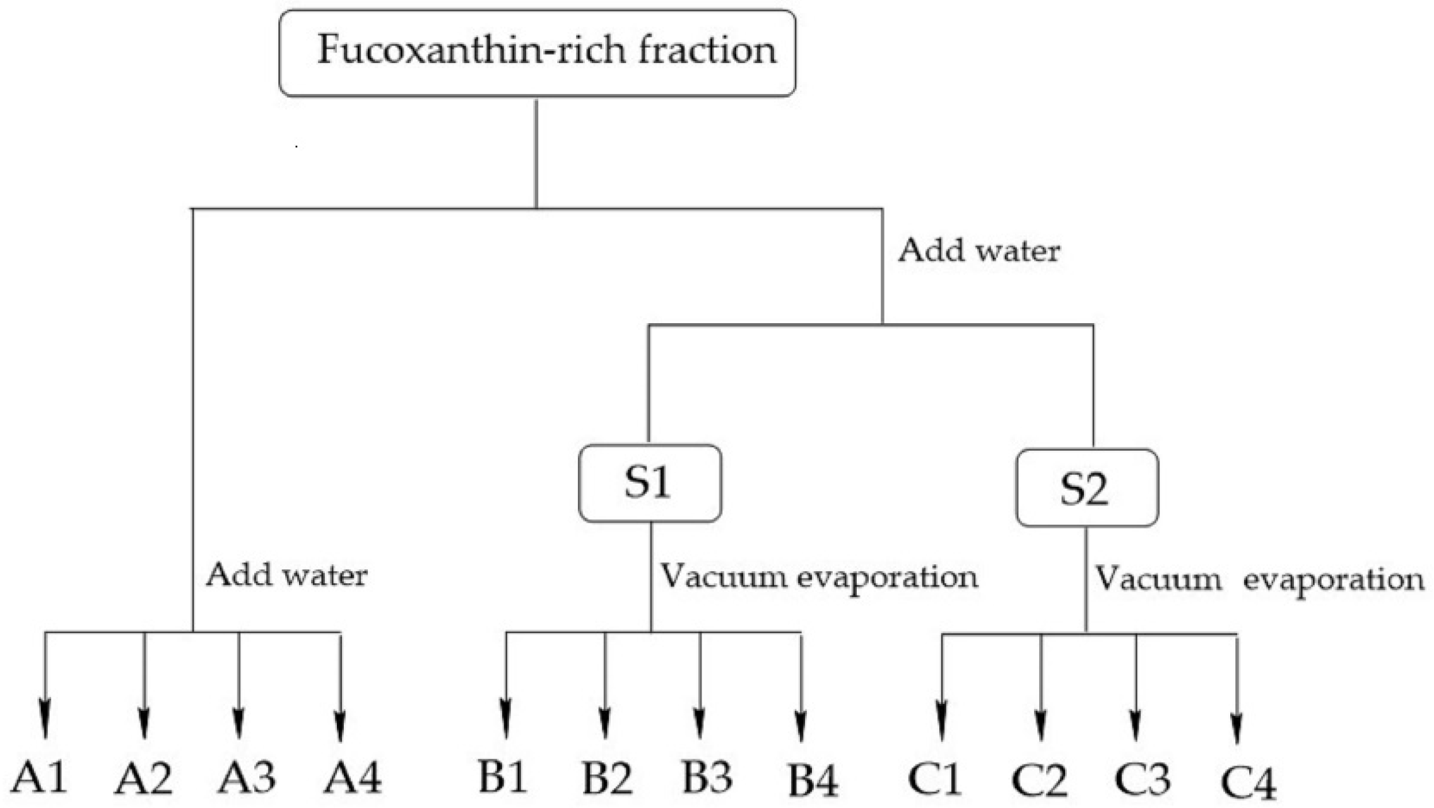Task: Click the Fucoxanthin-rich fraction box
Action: pyautogui.click(x=537, y=53)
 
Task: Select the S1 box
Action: pyautogui.click(x=650, y=484)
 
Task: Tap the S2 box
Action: pyautogui.click(x=1087, y=488)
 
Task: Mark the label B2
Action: pyautogui.click(x=606, y=778)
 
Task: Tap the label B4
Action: pyautogui.click(x=813, y=781)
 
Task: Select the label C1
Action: pyautogui.click(x=934, y=779)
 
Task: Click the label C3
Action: pyautogui.click(x=1142, y=779)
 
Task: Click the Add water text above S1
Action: pyautogui.click(x=979, y=251)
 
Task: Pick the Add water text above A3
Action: pyautogui.click(x=287, y=575)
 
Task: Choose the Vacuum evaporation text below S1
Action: pyautogui.click(x=819, y=576)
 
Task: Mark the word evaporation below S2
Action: pyautogui.click(x=1333, y=579)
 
